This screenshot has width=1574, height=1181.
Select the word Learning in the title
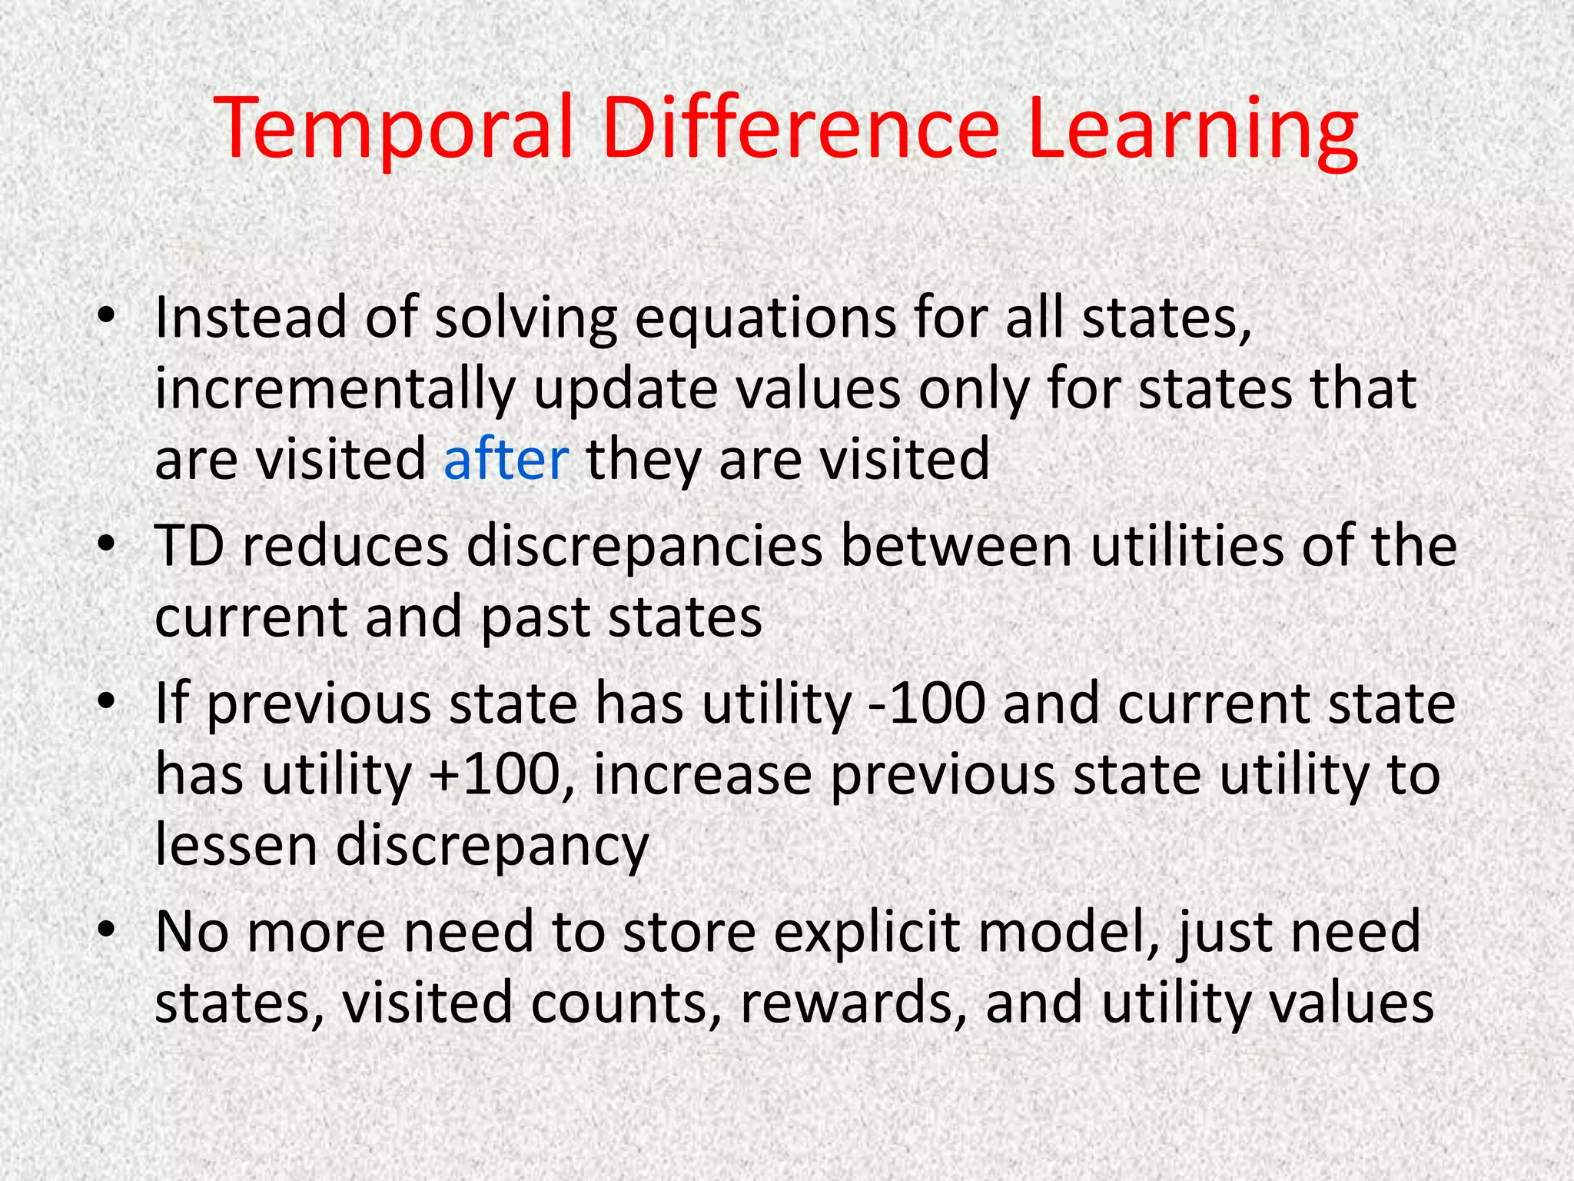1192,128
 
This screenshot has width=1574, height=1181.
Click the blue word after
506,459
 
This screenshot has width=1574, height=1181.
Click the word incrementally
334,390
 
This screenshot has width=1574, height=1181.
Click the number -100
926,704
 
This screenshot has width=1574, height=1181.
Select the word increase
702,775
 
